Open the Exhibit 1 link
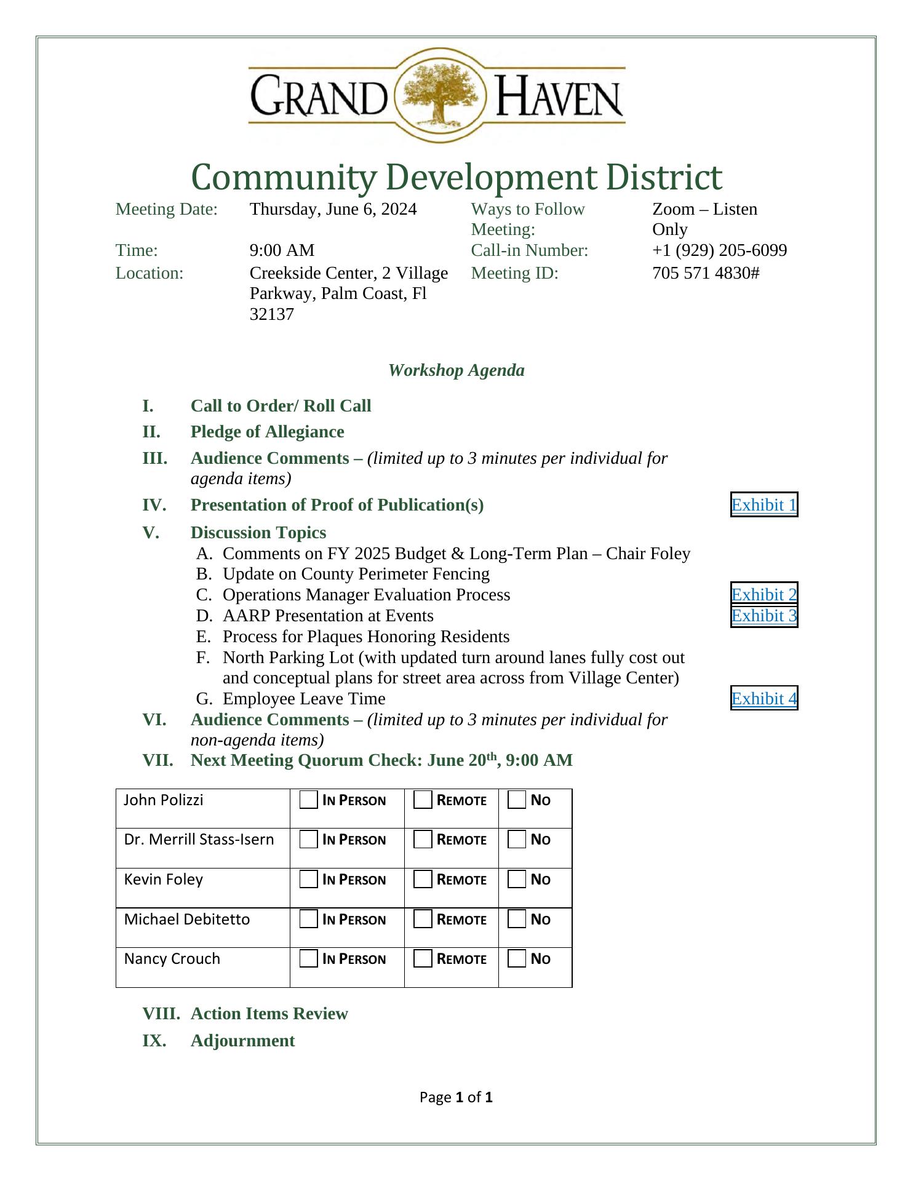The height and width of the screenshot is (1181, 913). click(763, 505)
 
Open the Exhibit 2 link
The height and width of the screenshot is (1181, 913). click(763, 594)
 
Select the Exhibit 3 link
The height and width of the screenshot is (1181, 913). click(763, 616)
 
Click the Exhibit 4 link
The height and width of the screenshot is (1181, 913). click(763, 698)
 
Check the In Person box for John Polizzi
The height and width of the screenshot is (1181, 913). click(309, 800)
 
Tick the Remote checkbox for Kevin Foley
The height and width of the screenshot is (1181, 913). click(423, 880)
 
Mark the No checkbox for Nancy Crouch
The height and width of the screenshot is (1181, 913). click(517, 959)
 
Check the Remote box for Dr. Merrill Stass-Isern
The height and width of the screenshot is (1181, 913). click(423, 840)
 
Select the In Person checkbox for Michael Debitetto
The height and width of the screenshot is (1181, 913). click(309, 920)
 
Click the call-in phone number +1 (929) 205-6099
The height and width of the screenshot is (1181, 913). click(719, 250)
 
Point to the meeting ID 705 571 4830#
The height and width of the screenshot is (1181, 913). click(706, 272)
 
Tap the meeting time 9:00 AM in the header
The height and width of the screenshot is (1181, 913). click(282, 250)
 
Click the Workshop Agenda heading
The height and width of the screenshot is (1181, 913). click(456, 370)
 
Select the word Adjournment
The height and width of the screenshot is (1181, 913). click(242, 1040)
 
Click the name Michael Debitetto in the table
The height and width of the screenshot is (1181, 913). click(187, 919)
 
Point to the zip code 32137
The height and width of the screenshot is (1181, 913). click(271, 314)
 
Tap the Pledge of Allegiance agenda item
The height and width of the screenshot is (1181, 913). click(267, 432)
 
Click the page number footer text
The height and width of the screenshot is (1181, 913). click(456, 1097)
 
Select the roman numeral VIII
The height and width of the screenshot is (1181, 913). click(161, 1013)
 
